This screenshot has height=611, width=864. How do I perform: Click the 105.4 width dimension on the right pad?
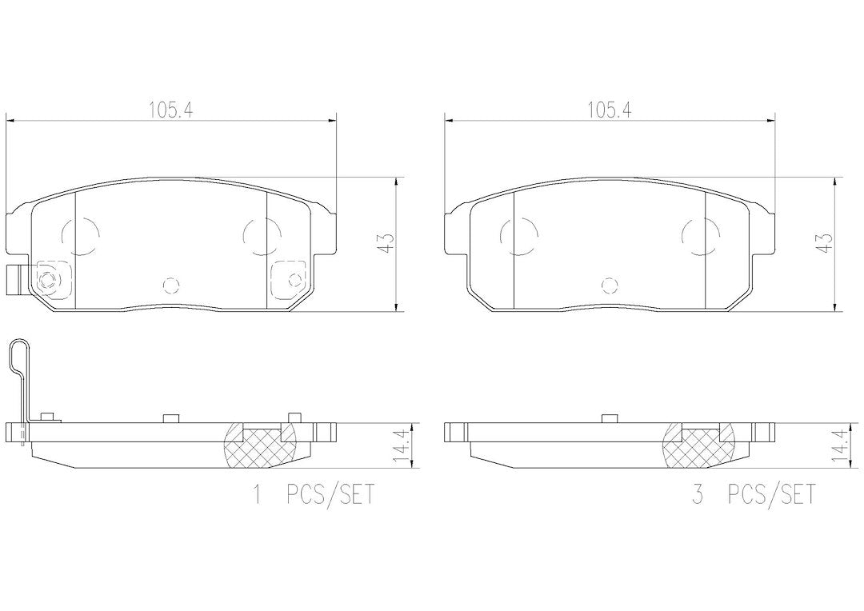coord(609,110)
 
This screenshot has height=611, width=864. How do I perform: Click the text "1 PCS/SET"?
coord(313,494)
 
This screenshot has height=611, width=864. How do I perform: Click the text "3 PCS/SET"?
coord(754,494)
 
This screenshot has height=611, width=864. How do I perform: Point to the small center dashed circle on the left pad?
coord(171,285)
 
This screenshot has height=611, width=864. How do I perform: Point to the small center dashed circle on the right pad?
coord(610,285)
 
